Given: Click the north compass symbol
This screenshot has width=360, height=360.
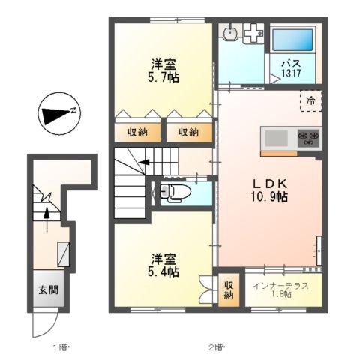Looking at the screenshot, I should click(56, 115).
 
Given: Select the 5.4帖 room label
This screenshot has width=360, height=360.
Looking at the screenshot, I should click(161, 265).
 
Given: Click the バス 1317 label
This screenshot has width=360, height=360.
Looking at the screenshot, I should click(292, 69).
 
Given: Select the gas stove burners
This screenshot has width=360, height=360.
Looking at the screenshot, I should click(310, 138).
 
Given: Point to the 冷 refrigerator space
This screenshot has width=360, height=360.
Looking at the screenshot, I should click(310, 99).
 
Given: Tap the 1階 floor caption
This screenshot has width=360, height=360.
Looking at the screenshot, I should click(61, 346).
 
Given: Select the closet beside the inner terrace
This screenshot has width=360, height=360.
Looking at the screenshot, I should click(229, 290).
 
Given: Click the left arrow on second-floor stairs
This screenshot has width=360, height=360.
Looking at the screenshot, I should click(142, 162).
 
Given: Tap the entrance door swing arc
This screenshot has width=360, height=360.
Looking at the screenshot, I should click(43, 324).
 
